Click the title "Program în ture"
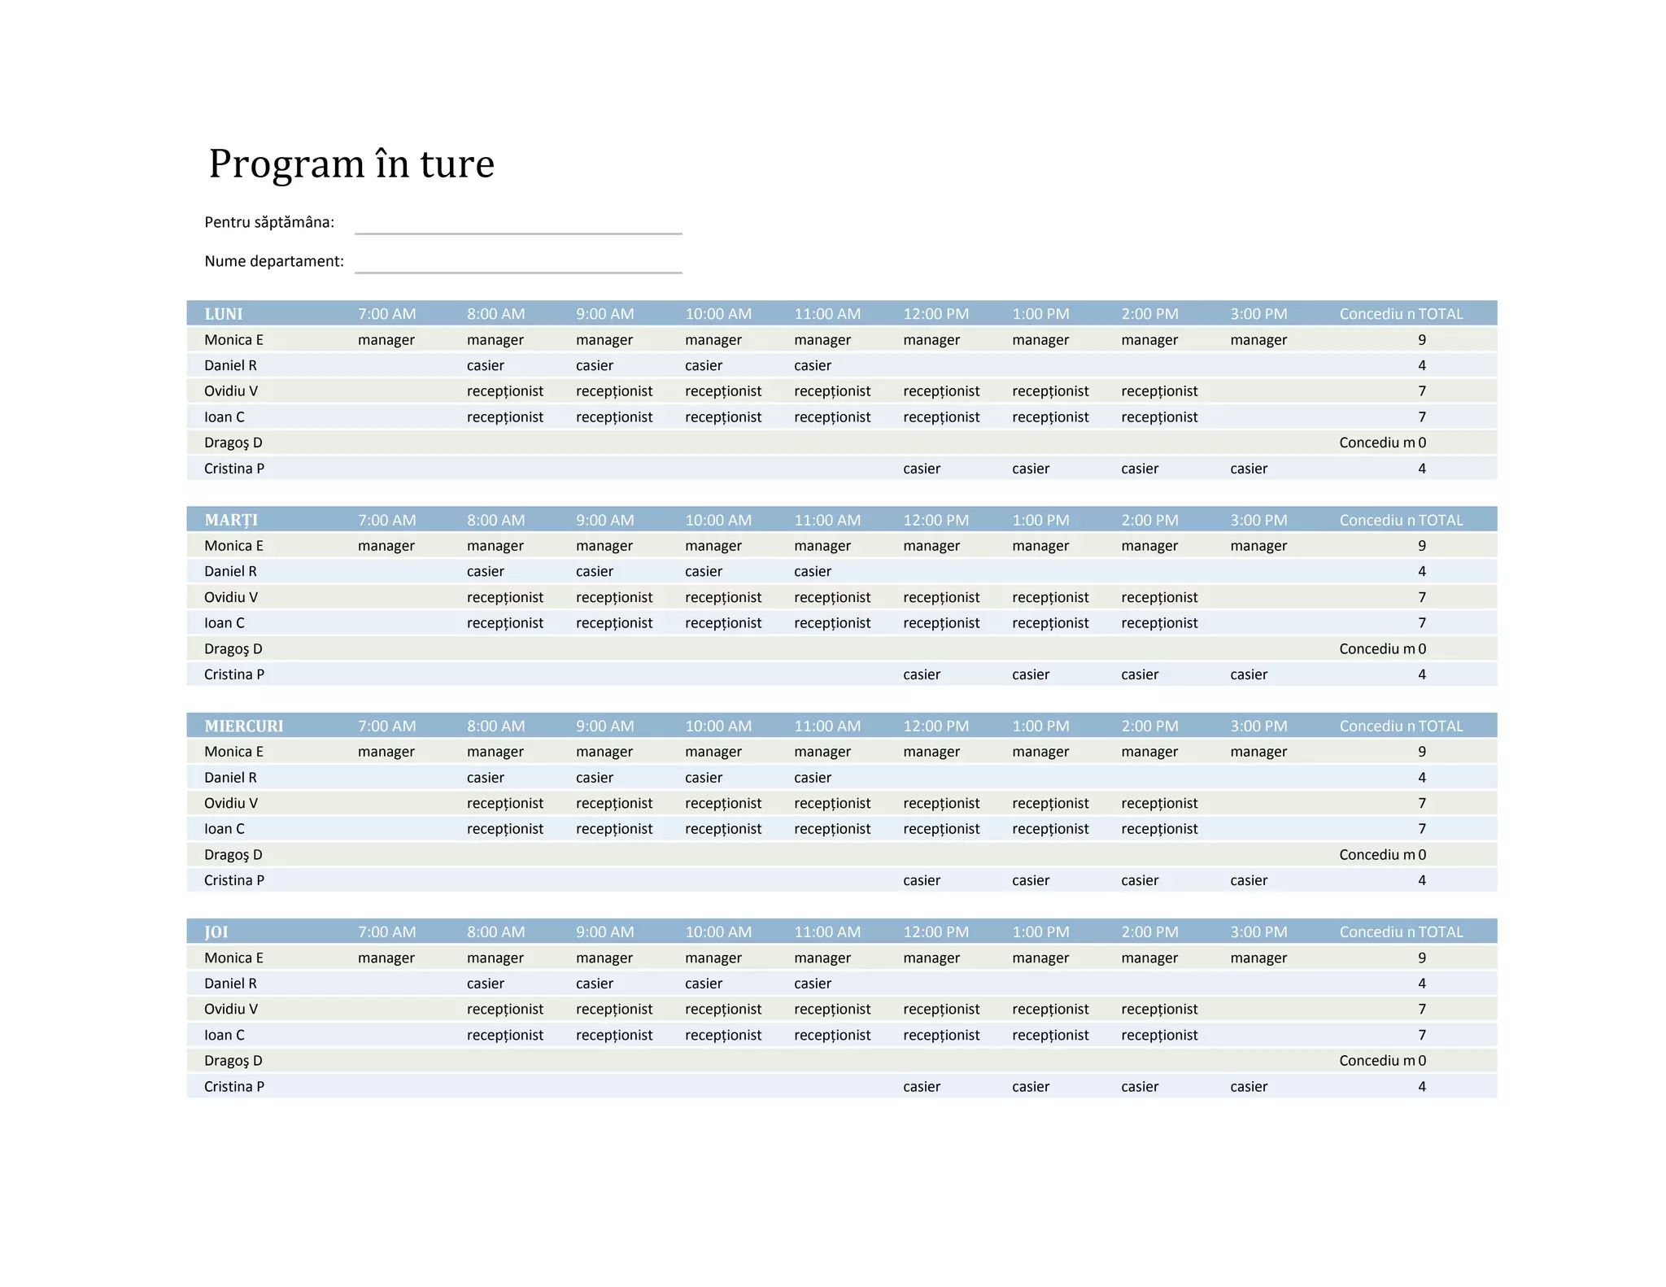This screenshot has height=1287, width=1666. (x=351, y=164)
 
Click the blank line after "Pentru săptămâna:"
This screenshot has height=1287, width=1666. (x=517, y=224)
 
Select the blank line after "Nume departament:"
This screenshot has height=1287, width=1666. (x=517, y=263)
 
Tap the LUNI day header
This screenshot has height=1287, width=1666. (x=224, y=314)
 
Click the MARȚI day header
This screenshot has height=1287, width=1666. (x=231, y=520)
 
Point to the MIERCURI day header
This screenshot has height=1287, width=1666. (x=244, y=726)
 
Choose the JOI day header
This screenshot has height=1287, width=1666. (x=216, y=931)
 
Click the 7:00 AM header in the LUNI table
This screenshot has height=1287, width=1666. (x=386, y=314)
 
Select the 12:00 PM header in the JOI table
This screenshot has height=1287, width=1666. (x=935, y=931)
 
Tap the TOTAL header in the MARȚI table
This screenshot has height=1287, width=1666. (x=1440, y=520)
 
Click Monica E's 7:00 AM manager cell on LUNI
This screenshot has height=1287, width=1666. (x=386, y=340)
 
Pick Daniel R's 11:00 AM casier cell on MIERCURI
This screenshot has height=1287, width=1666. (x=813, y=778)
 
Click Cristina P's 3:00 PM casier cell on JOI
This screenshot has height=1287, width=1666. (x=1249, y=1087)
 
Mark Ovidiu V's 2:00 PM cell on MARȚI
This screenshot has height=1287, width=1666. (x=1159, y=597)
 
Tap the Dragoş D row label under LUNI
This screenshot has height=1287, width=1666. (x=233, y=443)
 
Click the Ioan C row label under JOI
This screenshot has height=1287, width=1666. (x=225, y=1035)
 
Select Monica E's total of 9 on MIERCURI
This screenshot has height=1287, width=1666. (x=1422, y=752)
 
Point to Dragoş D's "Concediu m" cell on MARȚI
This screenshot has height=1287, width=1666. (x=1377, y=649)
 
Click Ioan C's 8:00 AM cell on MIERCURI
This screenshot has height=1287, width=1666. (x=505, y=829)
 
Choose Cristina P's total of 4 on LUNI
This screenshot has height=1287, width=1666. (x=1422, y=469)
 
